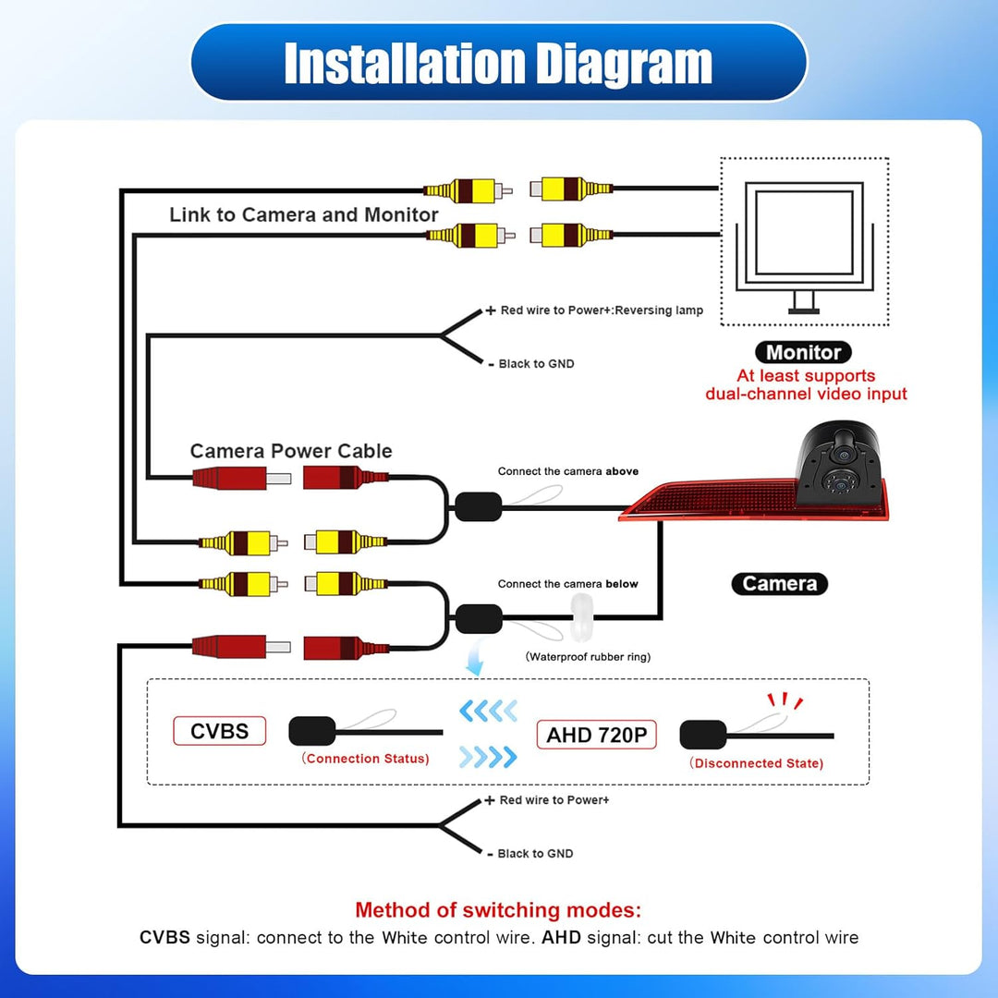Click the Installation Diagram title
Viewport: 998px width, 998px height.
498,63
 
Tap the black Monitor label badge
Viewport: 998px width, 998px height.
803,352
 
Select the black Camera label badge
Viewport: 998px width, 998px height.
780,584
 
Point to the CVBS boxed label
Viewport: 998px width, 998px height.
220,731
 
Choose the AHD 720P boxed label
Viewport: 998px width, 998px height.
596,735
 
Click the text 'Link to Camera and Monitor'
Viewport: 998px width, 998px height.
304,214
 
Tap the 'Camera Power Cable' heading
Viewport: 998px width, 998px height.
291,451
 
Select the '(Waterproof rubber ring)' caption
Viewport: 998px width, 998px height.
588,657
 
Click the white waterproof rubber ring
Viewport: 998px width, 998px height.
581,616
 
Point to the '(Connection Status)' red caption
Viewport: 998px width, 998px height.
365,759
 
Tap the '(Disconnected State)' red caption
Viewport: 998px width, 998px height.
756,763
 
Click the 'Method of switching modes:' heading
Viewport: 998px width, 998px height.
498,909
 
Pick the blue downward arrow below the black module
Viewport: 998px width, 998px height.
474,658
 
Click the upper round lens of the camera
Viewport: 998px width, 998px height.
844,455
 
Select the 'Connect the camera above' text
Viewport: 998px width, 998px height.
567,471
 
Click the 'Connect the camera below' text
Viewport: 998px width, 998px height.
567,584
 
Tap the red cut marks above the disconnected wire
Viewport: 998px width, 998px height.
785,700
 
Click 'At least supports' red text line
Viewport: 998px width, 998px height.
806,375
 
